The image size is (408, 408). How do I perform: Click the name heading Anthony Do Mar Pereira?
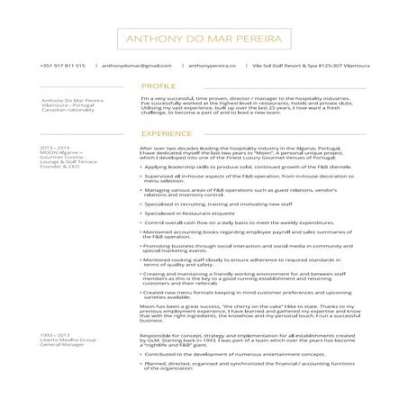(204, 40)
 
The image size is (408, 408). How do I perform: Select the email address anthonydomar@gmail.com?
(136, 66)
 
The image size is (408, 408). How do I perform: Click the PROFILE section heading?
(159, 86)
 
